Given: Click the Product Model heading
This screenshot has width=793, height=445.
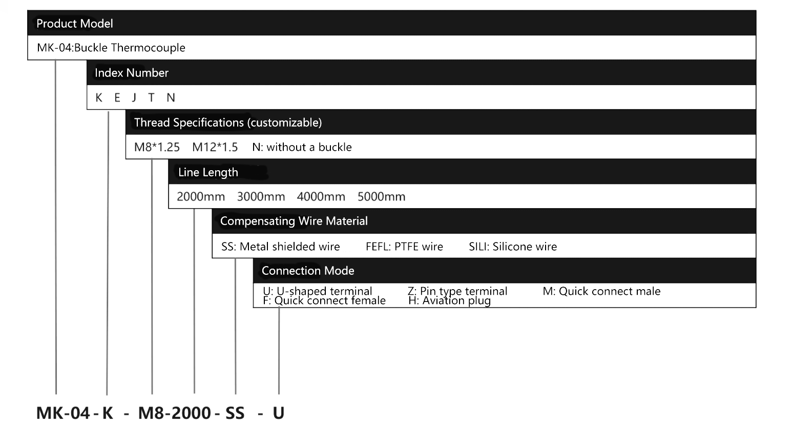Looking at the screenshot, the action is click(75, 24).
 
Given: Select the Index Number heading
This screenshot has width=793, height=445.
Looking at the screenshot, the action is click(131, 73).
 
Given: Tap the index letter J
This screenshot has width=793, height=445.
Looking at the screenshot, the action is click(134, 98).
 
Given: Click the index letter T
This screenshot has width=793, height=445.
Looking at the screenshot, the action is click(152, 97).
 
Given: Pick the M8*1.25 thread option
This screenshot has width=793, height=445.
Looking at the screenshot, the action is click(157, 147).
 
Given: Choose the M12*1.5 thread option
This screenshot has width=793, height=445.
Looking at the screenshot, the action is click(215, 147).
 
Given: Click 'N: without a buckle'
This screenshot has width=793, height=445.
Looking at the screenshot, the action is click(302, 147).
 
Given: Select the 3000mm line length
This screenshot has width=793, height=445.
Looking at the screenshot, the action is click(261, 197).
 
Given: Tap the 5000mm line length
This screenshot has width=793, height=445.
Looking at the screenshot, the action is click(381, 197).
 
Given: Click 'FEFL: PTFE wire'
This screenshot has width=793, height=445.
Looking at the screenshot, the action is click(404, 247).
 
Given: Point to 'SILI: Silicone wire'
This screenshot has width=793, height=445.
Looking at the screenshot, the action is click(513, 247).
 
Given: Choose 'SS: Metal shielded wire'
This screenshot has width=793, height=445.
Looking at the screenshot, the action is click(280, 247).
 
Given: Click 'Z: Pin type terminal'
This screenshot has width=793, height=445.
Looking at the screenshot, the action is click(457, 291).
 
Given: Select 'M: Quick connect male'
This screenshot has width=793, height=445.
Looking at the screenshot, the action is click(601, 291).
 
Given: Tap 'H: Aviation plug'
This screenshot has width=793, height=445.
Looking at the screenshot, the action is click(450, 301).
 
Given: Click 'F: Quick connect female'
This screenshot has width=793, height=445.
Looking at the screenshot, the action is click(324, 301).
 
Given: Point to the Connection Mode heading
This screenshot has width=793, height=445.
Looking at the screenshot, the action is click(308, 271).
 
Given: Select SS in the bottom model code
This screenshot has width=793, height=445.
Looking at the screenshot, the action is click(235, 413).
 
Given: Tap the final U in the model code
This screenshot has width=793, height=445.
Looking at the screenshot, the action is click(279, 413).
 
